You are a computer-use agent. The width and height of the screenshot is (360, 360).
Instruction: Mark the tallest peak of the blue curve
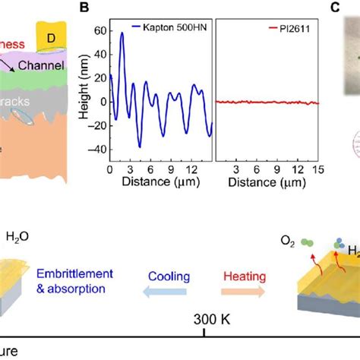pos(122,33)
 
